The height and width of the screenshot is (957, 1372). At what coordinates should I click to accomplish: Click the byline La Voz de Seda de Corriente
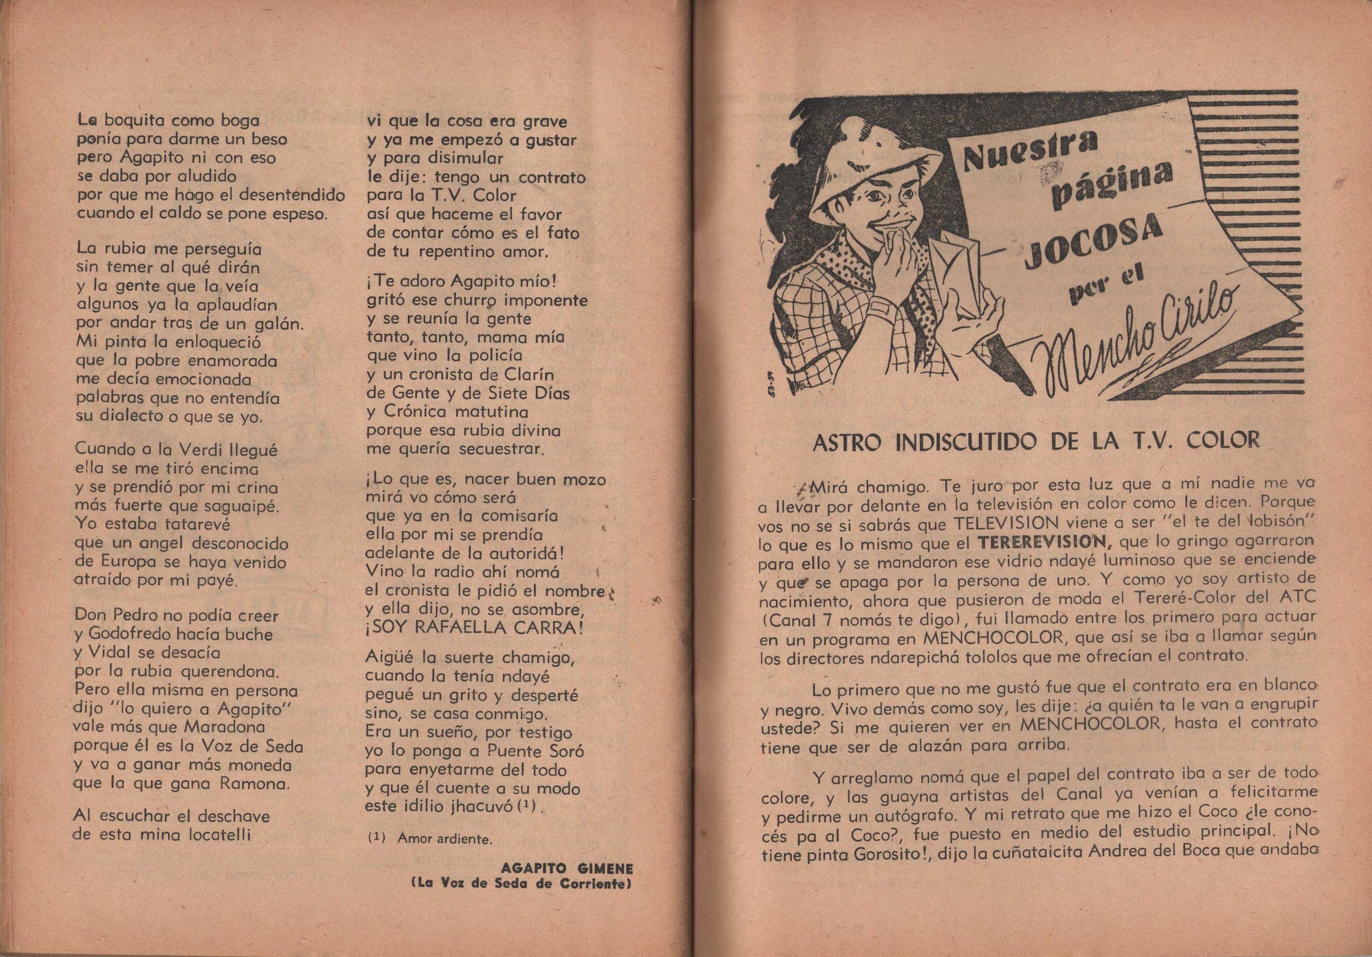pos(521,885)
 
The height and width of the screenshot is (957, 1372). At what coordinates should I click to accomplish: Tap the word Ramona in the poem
pos(255,784)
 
